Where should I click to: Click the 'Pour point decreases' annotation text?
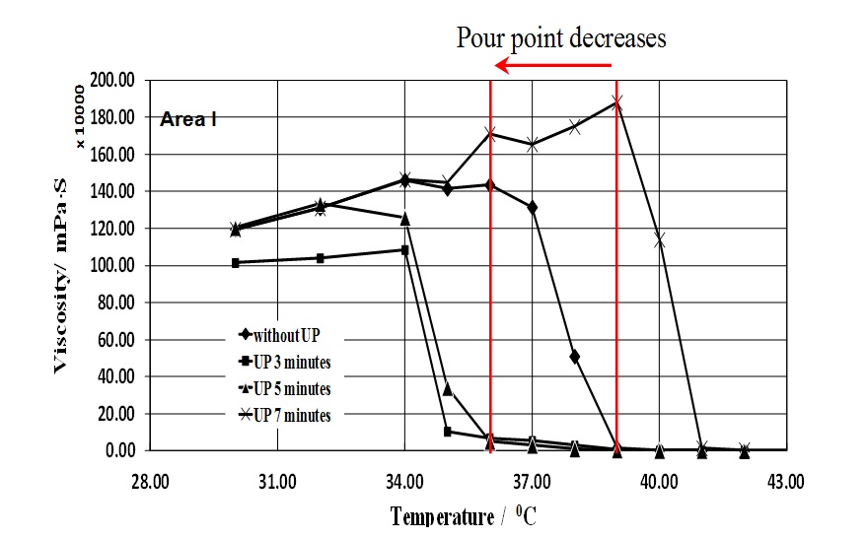click(560, 37)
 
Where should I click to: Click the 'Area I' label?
click(188, 119)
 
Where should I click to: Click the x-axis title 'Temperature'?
click(441, 516)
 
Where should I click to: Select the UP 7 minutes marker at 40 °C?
click(660, 239)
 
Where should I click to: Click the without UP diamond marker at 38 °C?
click(575, 356)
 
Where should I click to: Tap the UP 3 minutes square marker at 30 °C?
click(236, 263)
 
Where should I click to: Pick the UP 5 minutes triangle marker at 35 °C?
click(448, 389)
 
